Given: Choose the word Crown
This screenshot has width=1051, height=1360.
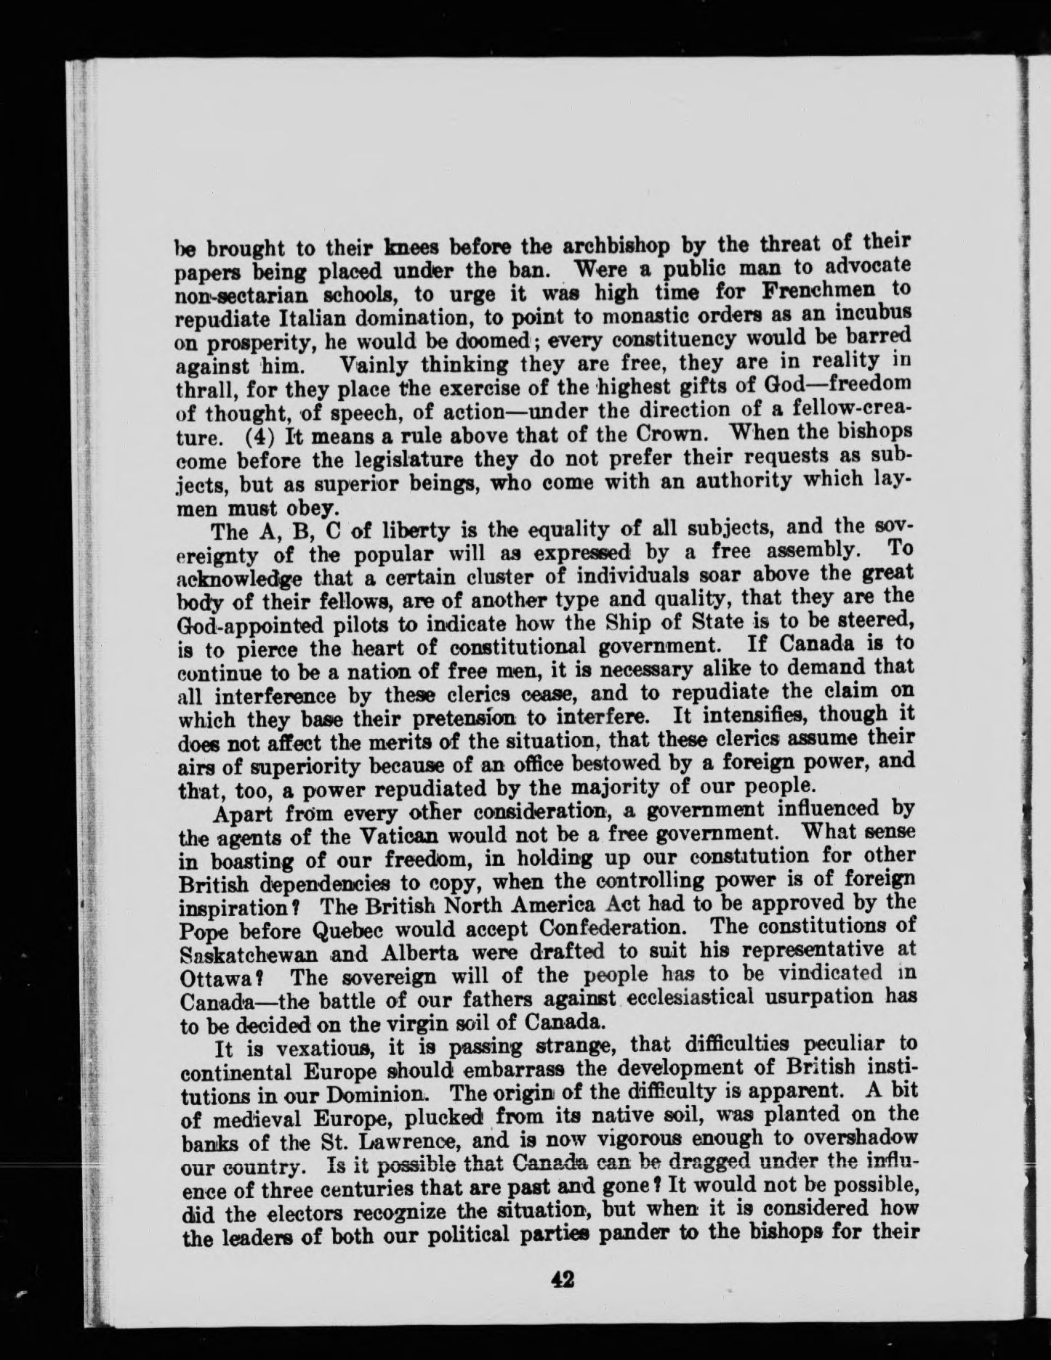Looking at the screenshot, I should (669, 438).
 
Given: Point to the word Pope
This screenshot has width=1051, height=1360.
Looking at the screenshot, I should (200, 928).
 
